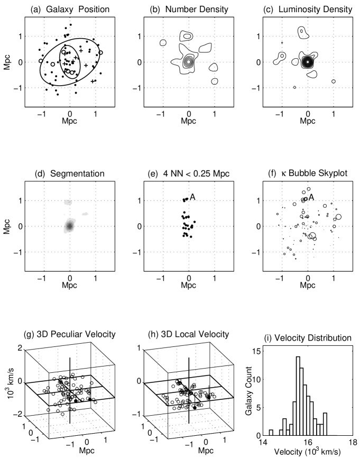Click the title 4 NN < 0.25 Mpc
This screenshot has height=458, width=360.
pyautogui.click(x=188, y=174)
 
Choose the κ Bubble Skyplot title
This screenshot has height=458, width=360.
pyautogui.click(x=307, y=174)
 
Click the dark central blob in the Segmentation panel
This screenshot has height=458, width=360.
pyautogui.click(x=69, y=226)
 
